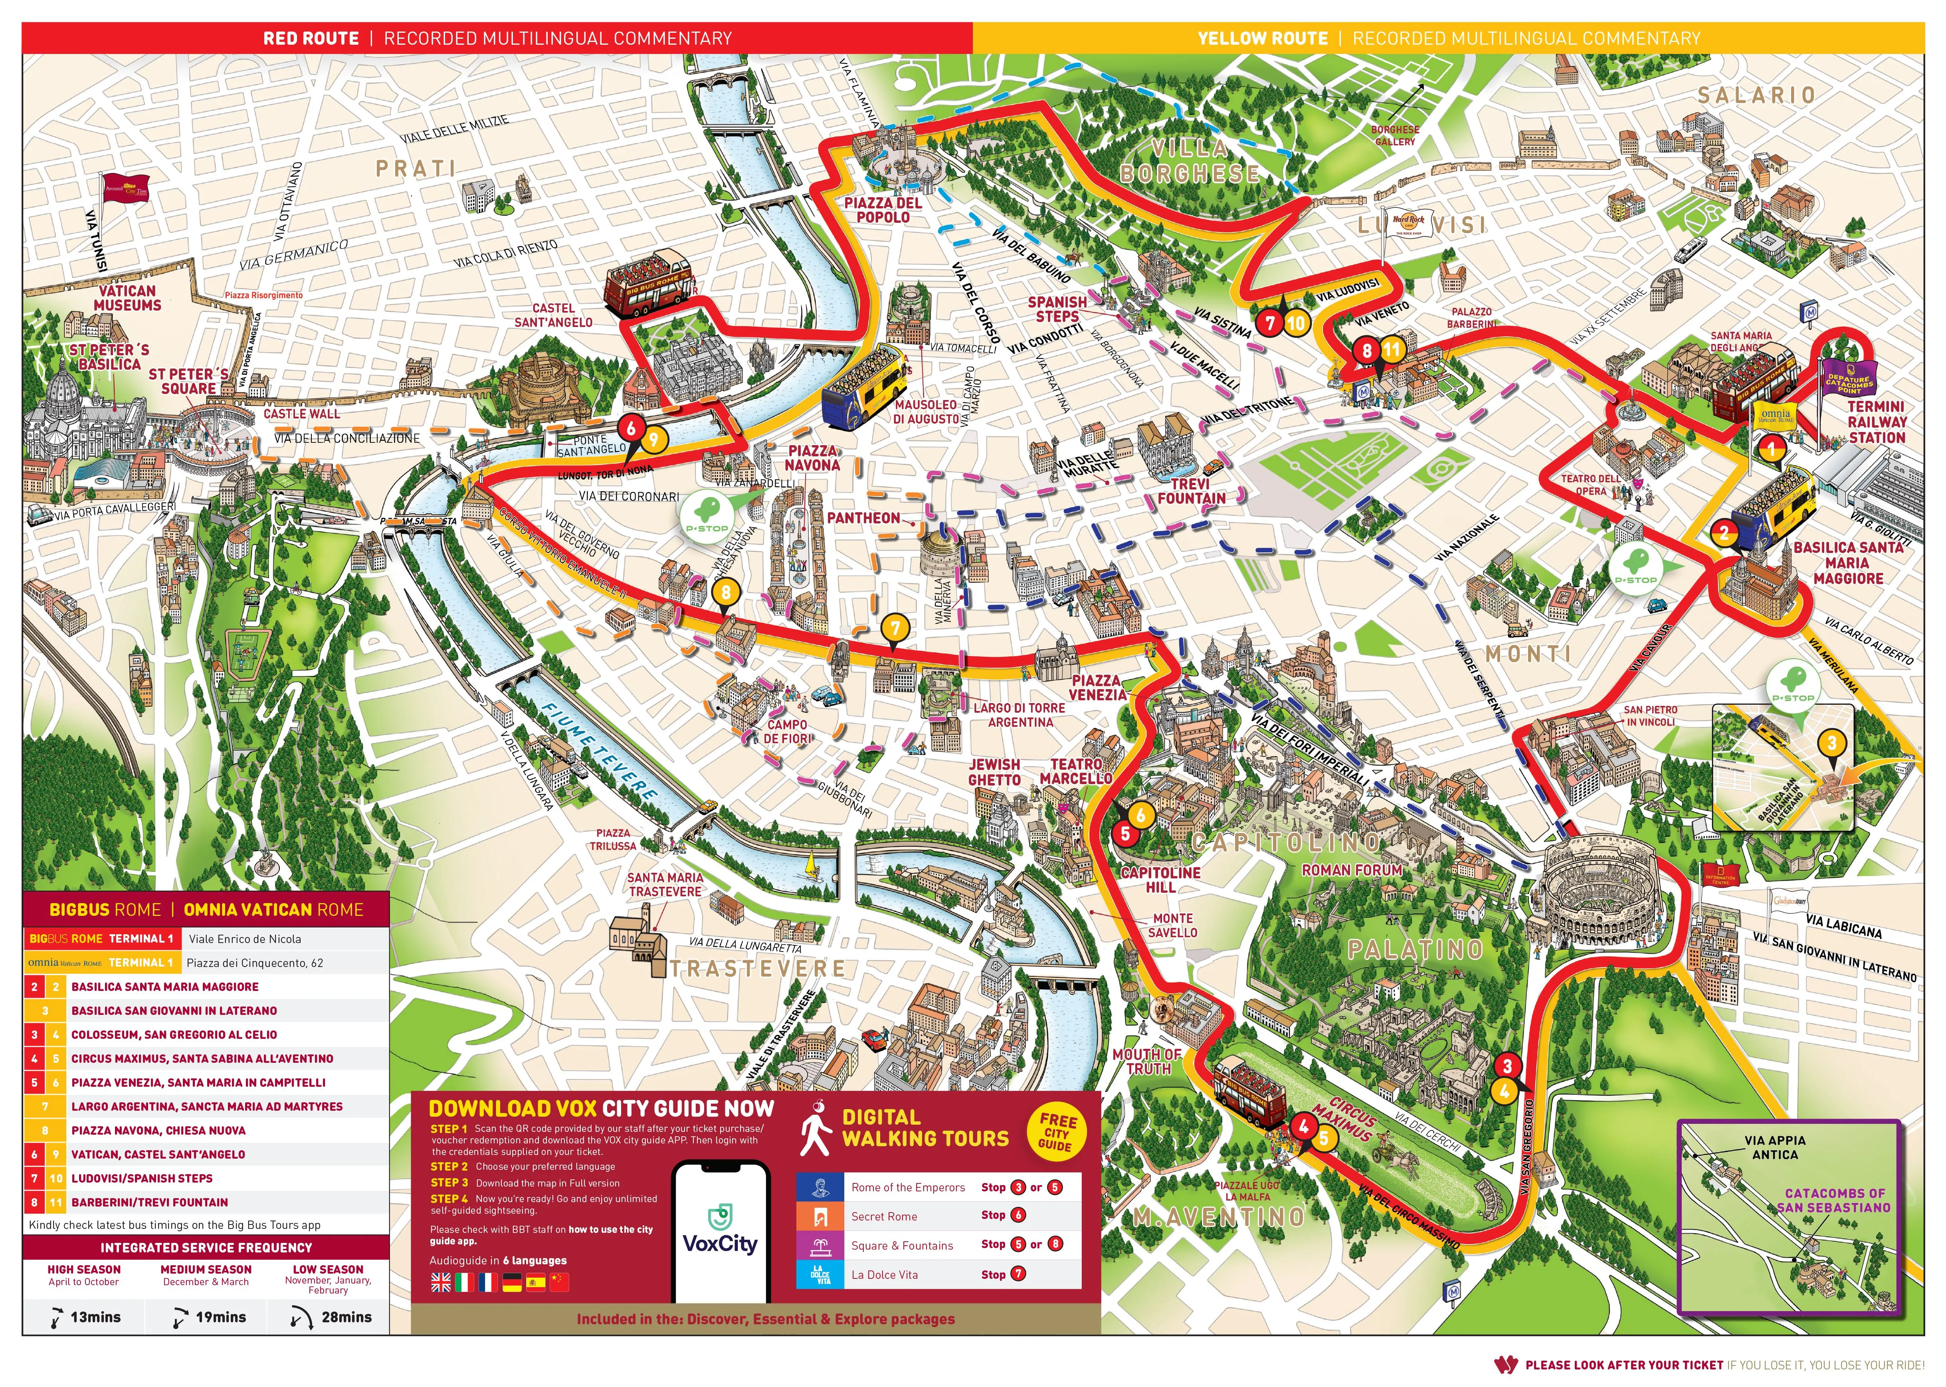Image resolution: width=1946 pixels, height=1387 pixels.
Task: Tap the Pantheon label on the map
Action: pyautogui.click(x=863, y=517)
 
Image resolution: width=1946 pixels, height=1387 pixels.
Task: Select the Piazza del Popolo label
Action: pyautogui.click(x=883, y=210)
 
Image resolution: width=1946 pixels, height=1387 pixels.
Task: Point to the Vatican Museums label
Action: pyautogui.click(x=127, y=298)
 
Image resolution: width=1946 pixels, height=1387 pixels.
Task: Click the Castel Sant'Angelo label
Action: pyautogui.click(x=553, y=315)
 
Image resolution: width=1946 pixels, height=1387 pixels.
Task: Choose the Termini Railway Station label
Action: pyautogui.click(x=1876, y=422)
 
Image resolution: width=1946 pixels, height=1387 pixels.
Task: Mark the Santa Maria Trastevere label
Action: pyautogui.click(x=665, y=884)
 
